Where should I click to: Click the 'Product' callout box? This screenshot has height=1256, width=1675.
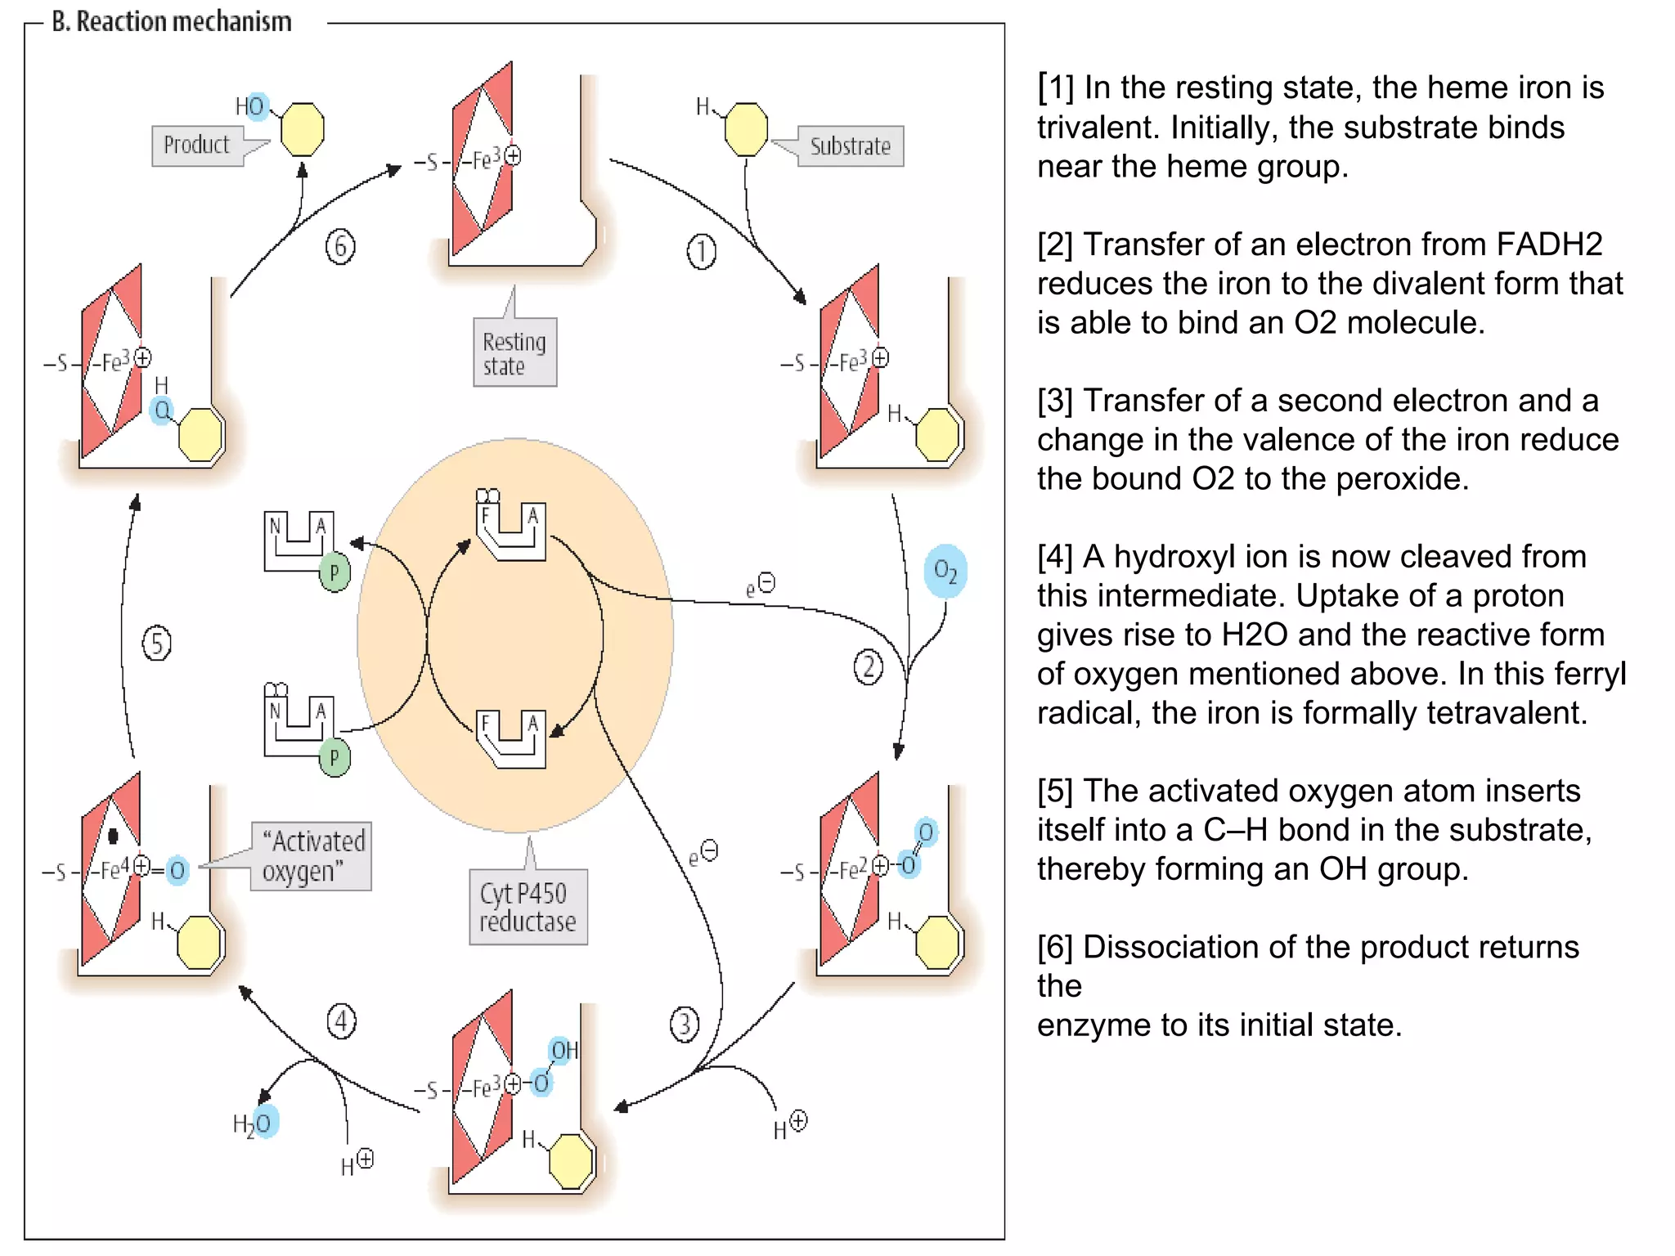197,146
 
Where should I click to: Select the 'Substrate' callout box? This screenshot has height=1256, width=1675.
850,146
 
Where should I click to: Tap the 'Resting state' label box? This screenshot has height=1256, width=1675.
514,353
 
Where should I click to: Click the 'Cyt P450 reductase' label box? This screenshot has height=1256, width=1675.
528,907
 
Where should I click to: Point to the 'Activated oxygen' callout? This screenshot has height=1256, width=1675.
312,856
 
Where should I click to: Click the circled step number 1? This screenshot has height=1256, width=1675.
701,252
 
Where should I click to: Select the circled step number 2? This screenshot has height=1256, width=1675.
868,666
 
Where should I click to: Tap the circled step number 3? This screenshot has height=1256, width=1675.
684,1024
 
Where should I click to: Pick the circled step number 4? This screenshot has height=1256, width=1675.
341,1021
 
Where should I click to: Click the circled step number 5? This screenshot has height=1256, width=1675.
157,644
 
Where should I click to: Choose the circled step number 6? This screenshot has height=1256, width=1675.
340,247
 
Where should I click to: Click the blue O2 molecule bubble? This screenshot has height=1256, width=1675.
945,571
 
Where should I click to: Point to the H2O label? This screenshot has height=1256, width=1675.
254,1124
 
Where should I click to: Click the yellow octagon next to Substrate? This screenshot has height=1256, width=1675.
746,129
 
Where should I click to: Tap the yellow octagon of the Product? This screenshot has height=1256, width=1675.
302,129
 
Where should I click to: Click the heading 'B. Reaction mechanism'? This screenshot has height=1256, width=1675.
172,21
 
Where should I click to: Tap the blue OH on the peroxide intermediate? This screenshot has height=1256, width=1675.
564,1051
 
